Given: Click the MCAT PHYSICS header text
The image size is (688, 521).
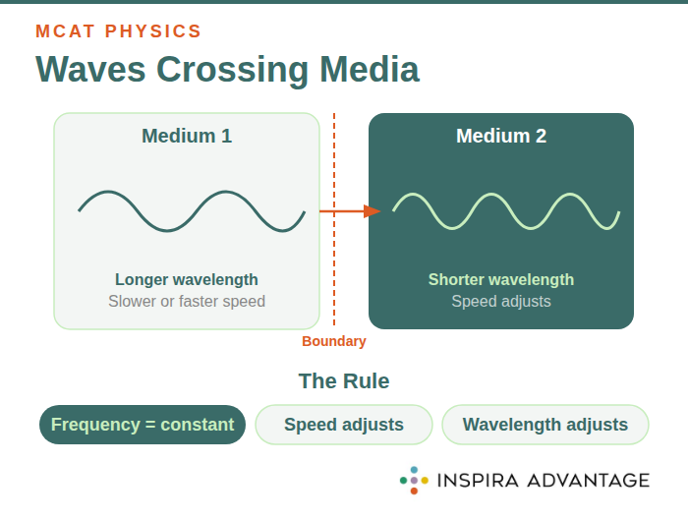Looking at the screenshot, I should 118,30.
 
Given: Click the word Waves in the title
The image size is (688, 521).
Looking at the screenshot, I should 90,70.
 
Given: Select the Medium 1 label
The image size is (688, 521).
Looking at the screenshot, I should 187,136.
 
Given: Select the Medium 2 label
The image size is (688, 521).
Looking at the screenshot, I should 501,136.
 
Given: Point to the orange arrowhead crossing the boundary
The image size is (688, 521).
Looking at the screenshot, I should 372,211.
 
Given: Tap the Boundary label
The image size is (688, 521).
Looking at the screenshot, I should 333,341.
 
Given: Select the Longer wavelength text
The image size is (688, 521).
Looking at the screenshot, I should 187,279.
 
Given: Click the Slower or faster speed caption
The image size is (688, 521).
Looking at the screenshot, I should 187,301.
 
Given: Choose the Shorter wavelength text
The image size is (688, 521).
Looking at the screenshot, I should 501,279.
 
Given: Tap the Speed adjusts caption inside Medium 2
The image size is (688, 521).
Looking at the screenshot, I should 501,301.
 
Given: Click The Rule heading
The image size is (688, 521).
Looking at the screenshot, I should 344,381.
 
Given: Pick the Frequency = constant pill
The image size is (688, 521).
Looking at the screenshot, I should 143,425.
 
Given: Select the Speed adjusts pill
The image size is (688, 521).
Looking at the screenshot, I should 344,425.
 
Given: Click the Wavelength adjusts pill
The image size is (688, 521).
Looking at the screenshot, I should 545,425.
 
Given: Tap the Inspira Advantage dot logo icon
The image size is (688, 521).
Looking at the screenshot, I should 414,480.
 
